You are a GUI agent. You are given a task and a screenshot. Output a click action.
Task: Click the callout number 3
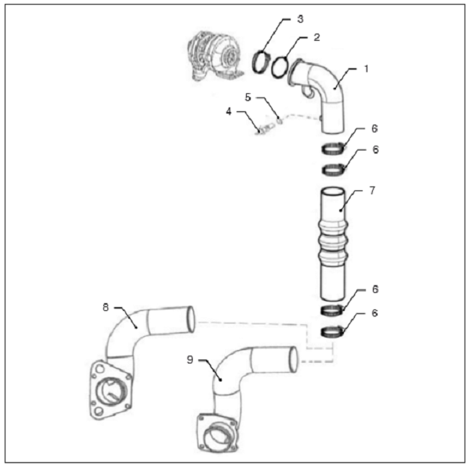tap(300, 19)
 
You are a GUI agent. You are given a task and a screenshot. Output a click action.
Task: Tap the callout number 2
tap(316, 37)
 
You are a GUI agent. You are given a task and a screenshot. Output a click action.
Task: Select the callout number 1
tap(366, 69)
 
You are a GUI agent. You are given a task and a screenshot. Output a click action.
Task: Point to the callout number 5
tap(248, 97)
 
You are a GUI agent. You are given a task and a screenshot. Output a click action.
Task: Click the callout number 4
tap(229, 111)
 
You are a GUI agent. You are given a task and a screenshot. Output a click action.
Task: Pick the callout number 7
tap(372, 190)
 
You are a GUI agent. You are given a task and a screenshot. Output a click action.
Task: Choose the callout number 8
tap(106, 307)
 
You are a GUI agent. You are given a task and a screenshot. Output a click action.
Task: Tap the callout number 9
tap(190, 360)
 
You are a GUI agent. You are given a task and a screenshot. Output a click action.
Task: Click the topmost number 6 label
tap(374, 128)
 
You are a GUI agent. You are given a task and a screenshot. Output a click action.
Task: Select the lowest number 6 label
tap(374, 313)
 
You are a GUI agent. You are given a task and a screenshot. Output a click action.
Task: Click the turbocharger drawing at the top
tap(215, 56)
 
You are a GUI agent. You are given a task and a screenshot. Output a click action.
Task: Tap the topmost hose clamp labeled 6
tap(333, 148)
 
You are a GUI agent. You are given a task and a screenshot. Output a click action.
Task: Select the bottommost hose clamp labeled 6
tap(332, 332)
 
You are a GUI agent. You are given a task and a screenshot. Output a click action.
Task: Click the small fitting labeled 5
tap(279, 120)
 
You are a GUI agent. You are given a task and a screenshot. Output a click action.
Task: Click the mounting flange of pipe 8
tap(110, 390)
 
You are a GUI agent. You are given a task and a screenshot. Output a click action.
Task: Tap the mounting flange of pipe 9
tap(217, 434)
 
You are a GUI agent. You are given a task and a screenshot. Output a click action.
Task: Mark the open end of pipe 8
tap(191, 320)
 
